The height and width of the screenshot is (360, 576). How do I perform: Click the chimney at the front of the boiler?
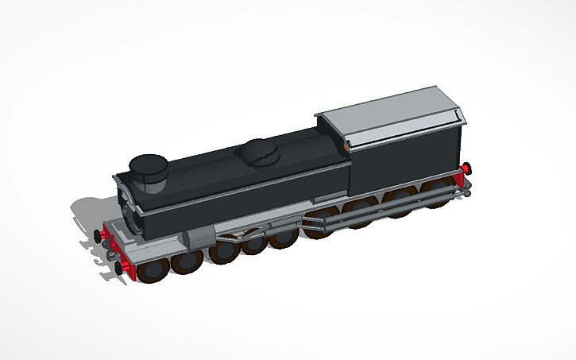pos(149,169)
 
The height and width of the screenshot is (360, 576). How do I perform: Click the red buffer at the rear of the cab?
pos(466,168)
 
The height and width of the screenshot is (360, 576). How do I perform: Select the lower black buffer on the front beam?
pos(119,268)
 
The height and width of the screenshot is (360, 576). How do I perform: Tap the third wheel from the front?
pos(225,251)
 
